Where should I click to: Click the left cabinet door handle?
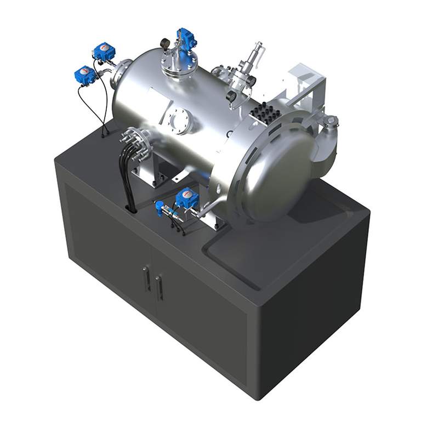click(147, 279)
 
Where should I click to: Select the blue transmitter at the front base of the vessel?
click(186, 198)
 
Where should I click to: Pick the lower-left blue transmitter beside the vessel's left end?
click(86, 75)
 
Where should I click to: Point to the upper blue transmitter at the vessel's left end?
click(104, 52)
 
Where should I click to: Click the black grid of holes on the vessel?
click(265, 114)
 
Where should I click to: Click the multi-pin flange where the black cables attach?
click(133, 143)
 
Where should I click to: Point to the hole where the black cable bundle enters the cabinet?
click(132, 208)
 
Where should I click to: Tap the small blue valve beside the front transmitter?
click(160, 207)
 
